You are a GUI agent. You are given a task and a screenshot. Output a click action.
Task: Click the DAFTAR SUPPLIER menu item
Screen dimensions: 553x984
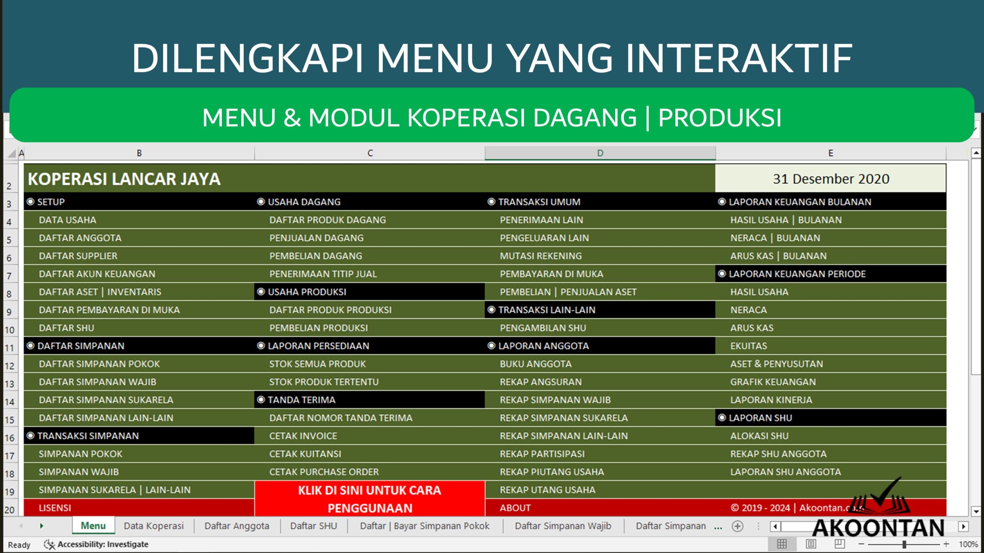point(78,256)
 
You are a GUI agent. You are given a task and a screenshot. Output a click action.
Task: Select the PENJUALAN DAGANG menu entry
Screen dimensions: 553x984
point(316,238)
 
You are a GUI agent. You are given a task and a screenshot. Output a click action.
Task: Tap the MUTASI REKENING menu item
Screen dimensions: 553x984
point(540,256)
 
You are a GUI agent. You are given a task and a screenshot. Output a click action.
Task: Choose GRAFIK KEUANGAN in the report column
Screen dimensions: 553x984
point(773,382)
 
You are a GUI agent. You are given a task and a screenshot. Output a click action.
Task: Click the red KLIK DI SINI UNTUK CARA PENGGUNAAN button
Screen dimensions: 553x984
point(369,499)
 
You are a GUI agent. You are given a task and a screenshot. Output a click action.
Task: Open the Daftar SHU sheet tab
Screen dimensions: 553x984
point(313,526)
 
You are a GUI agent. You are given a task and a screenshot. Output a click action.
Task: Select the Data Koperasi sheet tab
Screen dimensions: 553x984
point(153,526)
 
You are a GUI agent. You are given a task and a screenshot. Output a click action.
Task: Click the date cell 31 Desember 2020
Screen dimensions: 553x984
point(831,179)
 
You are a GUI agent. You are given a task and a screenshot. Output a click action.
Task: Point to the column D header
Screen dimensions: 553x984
point(600,153)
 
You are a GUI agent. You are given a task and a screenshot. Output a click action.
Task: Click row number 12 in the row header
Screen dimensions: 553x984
point(10,366)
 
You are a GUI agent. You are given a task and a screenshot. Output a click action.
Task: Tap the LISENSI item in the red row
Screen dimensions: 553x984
point(55,508)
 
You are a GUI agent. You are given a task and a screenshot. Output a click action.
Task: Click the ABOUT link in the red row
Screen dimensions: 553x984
point(515,508)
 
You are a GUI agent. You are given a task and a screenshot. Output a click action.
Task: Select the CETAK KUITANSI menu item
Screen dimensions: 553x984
point(305,454)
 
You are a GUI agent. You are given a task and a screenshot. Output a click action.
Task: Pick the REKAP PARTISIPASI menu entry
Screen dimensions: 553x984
point(542,454)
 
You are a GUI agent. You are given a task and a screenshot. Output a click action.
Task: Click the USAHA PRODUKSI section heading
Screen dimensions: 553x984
point(307,292)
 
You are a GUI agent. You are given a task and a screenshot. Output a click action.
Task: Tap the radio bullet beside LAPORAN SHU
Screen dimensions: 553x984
point(722,418)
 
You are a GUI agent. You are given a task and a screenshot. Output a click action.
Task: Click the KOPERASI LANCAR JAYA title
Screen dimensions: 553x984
point(124,179)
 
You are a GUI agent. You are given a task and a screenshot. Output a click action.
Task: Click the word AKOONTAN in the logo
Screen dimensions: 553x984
point(878,528)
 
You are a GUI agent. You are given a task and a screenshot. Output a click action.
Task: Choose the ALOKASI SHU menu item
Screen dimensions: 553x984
point(759,436)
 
